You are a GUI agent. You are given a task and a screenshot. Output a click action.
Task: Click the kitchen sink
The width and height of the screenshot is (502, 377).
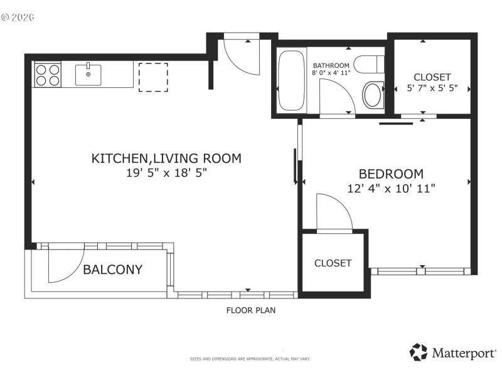click(88, 75)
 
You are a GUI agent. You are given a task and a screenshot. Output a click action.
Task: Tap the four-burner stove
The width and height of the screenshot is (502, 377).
click(48, 75)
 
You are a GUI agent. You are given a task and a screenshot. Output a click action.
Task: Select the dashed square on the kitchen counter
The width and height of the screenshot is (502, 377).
click(153, 77)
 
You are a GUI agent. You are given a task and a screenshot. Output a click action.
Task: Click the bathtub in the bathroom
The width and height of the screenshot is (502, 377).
click(291, 80)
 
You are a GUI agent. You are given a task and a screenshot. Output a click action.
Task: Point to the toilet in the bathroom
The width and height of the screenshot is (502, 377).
click(369, 63)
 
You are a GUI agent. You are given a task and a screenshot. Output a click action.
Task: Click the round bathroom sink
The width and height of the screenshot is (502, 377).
click(373, 95)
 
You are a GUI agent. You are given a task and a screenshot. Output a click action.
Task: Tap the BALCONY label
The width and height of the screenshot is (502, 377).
click(113, 270)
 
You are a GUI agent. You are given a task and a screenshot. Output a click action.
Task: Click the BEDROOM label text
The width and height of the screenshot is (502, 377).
click(390, 174)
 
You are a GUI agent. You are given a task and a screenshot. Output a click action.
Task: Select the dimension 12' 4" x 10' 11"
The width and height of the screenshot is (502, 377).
click(390, 187)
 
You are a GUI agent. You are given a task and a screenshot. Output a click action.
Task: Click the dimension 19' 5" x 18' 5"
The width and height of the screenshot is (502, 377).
click(166, 172)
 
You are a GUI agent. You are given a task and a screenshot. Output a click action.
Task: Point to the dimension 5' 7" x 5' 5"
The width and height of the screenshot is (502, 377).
click(432, 88)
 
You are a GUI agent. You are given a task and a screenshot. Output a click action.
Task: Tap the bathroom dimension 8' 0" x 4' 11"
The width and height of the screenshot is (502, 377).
click(331, 73)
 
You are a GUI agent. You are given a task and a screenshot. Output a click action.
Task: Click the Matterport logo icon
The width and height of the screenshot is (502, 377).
click(419, 352)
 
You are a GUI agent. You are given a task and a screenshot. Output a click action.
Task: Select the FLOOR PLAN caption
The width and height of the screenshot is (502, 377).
click(250, 310)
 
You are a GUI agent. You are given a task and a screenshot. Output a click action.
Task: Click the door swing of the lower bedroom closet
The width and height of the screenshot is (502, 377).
click(333, 214)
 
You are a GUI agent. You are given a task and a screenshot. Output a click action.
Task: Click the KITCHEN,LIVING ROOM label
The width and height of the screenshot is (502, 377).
click(166, 158)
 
